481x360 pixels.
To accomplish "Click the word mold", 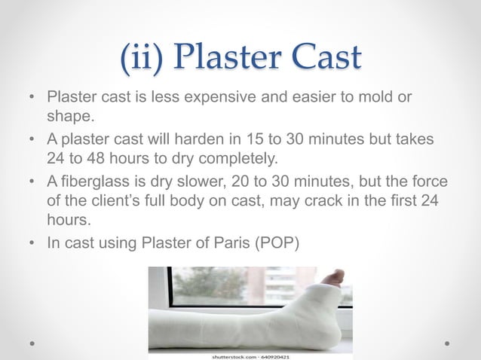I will coord(373,99).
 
